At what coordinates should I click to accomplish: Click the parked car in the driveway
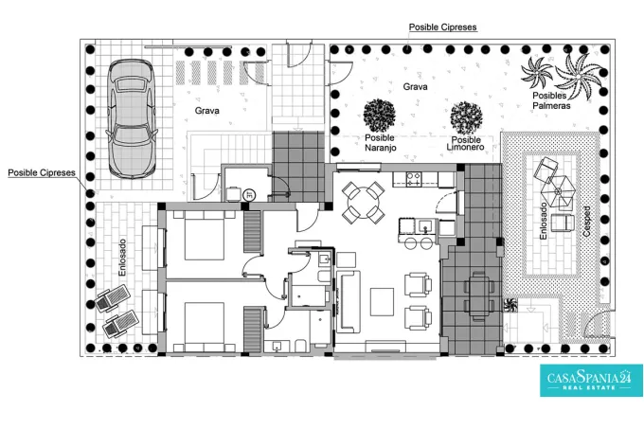[132, 118]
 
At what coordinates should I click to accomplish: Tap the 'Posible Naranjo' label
[381, 143]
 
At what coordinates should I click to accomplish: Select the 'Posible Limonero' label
[465, 143]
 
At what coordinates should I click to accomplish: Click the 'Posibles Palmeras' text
[551, 100]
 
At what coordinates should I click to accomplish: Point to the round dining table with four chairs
[364, 203]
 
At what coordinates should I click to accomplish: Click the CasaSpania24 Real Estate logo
[591, 380]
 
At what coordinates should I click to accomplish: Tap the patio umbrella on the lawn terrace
[557, 191]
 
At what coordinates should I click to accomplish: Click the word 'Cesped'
[586, 222]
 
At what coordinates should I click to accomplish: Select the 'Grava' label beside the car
[207, 111]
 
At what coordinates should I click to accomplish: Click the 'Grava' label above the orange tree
[415, 86]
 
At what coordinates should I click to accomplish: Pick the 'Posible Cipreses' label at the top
[443, 27]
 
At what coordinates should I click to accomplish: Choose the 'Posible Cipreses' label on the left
[42, 173]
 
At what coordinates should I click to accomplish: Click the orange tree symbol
[380, 116]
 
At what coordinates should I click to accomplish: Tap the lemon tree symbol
[466, 117]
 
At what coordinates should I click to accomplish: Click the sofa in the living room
[349, 302]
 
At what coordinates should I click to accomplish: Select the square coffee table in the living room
[382, 302]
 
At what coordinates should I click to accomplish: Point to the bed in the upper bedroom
[205, 235]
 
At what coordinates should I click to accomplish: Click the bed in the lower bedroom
[205, 327]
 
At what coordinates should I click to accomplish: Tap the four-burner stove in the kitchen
[414, 179]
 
